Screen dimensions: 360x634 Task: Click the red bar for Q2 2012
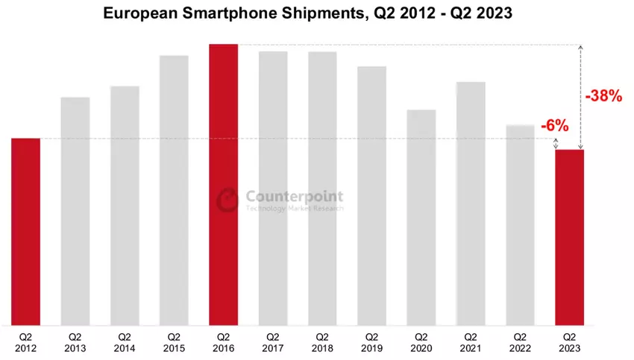26,231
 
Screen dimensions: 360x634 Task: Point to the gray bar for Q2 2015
174,190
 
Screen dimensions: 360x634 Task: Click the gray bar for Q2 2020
421,217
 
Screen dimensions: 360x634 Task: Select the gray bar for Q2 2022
520,224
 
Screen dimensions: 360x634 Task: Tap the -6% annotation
554,126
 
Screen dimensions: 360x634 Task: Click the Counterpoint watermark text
295,197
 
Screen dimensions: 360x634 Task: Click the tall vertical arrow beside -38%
580,98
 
